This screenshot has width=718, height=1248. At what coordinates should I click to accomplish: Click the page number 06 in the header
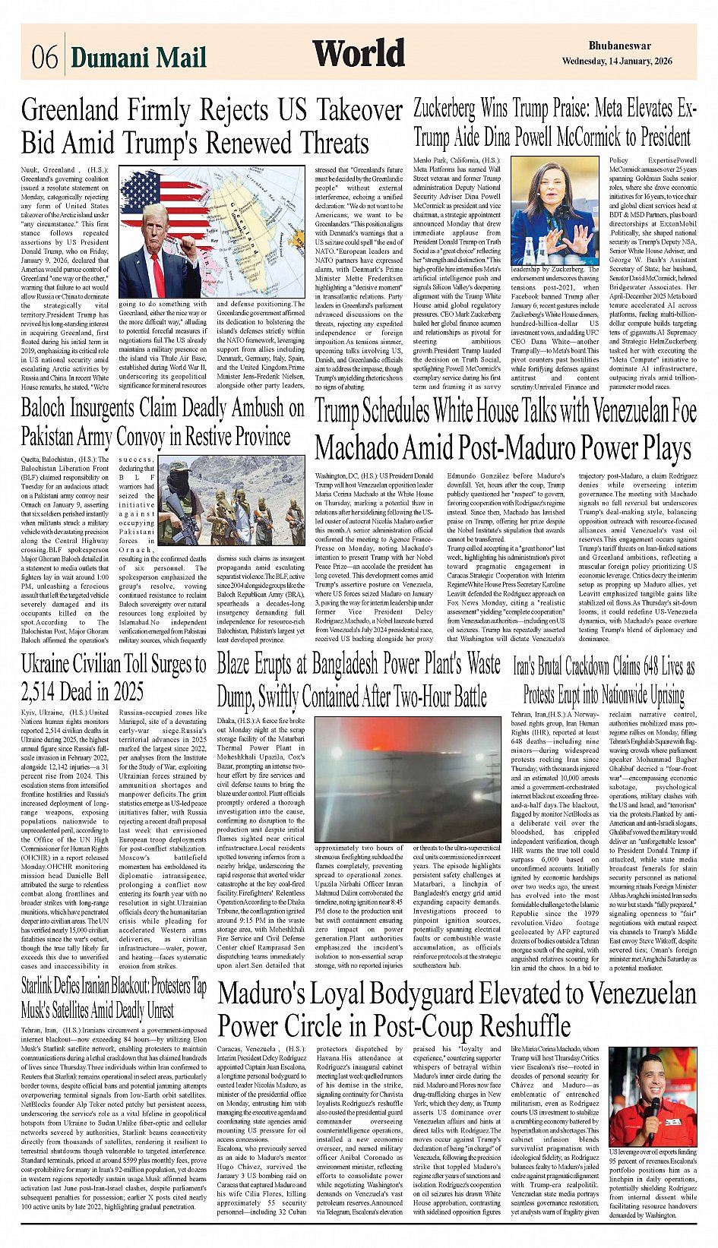(45, 58)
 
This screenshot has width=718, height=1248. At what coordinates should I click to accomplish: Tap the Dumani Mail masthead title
(138, 58)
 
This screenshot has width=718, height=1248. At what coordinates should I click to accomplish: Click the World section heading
(359, 54)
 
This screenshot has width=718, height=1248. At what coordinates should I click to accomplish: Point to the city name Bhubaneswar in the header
(619, 46)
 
